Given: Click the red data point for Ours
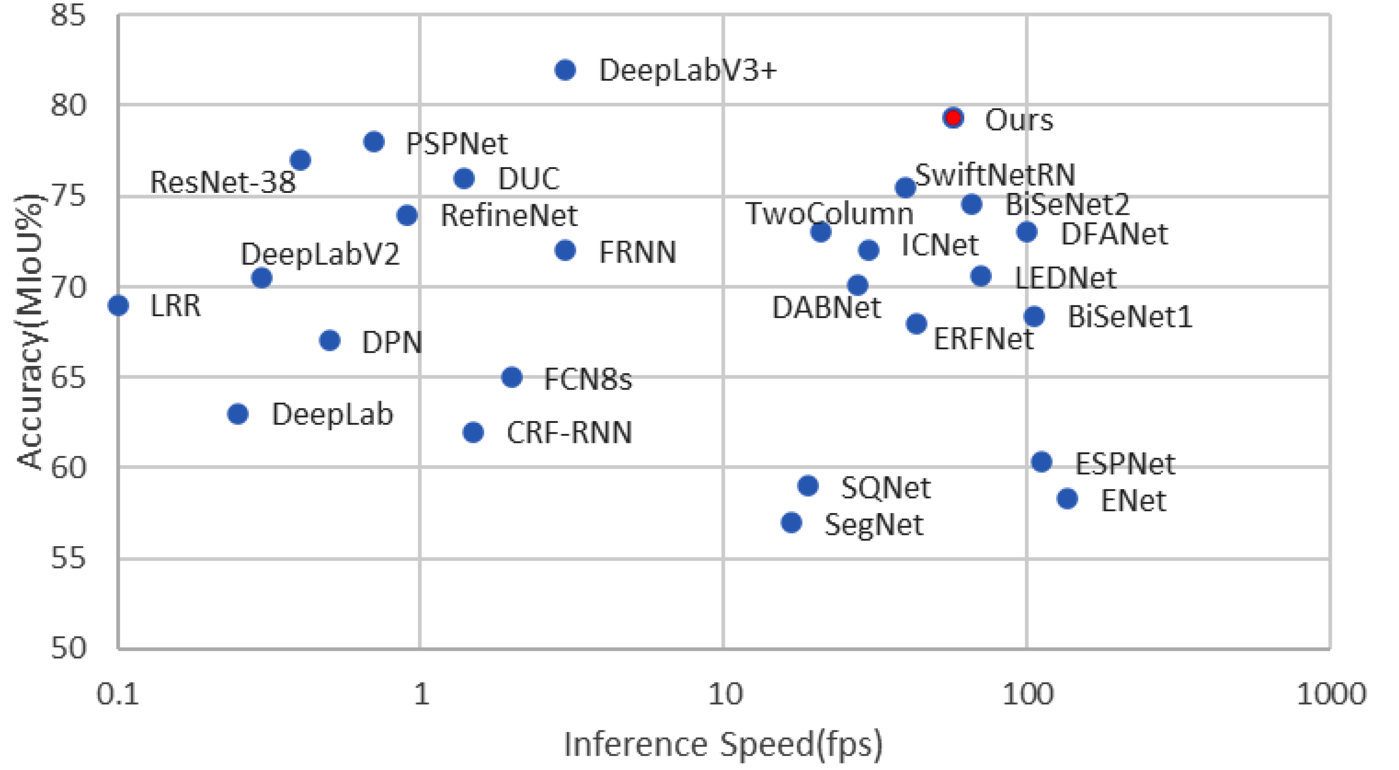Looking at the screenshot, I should [x=953, y=118].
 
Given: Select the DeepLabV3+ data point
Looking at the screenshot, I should [x=565, y=70].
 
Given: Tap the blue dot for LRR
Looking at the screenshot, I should [x=118, y=305].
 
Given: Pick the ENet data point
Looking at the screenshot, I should [x=1067, y=498].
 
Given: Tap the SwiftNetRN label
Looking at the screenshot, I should [x=995, y=175].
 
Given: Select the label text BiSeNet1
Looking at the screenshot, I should [x=1129, y=317].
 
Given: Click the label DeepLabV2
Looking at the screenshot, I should [x=320, y=254].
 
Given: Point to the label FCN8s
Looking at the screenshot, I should [x=588, y=379].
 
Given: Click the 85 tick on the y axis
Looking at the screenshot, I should [x=68, y=15].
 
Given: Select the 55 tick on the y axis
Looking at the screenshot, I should [x=68, y=557].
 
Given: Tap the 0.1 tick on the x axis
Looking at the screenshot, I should [x=118, y=694].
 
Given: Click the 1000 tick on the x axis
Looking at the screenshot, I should [x=1331, y=694].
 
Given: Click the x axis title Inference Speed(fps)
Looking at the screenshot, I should [x=723, y=744].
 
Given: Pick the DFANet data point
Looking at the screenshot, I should [x=1026, y=232].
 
